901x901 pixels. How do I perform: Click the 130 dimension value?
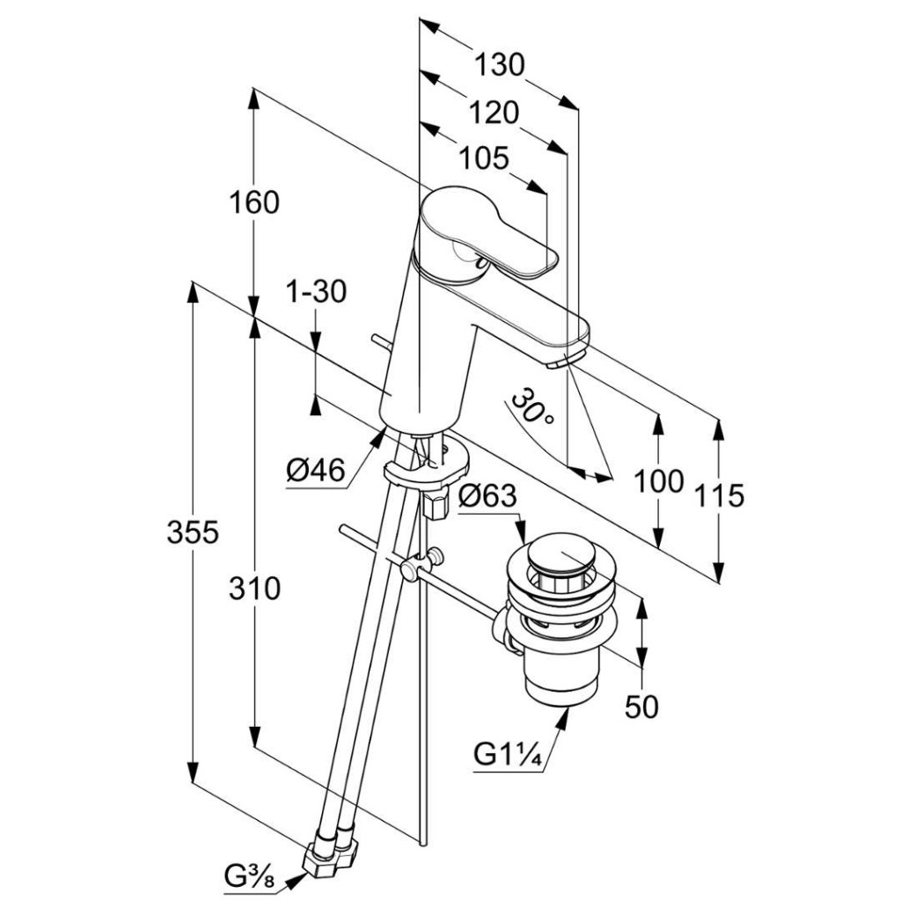(499, 65)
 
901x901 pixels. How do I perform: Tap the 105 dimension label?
(485, 158)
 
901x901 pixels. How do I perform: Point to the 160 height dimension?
(254, 202)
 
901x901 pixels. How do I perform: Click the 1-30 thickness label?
(317, 291)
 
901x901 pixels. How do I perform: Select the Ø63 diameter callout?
(487, 497)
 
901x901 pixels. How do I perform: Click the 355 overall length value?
(193, 532)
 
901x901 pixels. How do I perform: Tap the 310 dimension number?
(254, 588)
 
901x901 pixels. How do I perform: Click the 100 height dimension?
(659, 481)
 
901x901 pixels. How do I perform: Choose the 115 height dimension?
(720, 496)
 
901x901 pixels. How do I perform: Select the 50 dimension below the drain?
(642, 707)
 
